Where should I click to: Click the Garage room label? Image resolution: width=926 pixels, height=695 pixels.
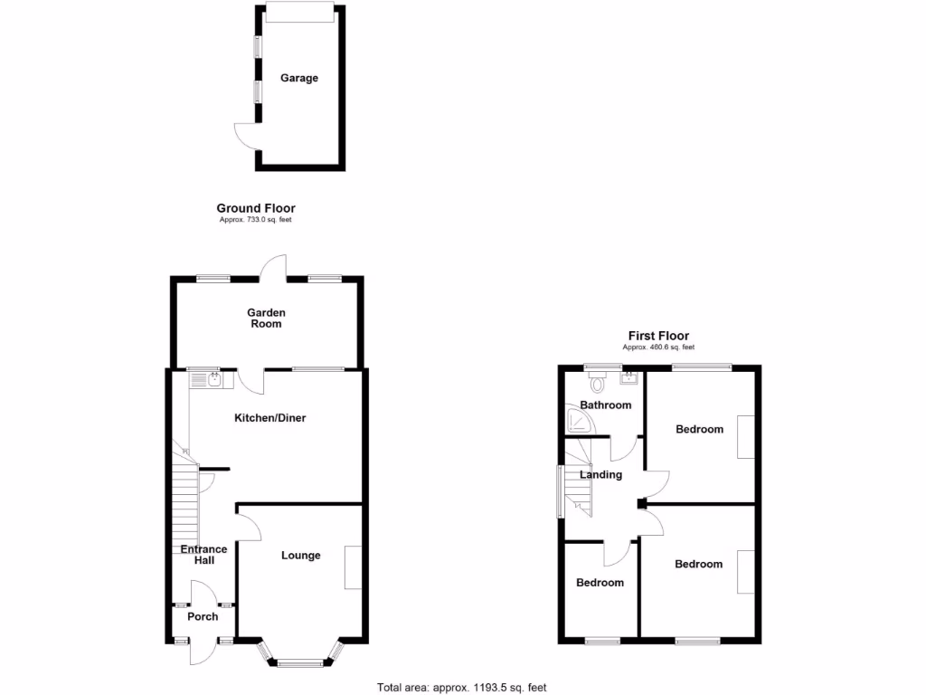298,79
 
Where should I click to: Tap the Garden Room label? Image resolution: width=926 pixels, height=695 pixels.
267,318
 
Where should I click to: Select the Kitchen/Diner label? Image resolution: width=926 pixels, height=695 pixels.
270,418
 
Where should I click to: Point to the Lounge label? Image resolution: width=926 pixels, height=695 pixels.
300,556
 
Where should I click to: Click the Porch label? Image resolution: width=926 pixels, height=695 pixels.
203,617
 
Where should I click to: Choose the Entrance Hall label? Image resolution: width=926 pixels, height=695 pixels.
203,555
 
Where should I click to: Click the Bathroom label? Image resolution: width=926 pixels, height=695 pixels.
606,405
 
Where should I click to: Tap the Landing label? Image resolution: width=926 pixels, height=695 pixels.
601,474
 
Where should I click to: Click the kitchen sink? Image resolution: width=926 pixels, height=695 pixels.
212,380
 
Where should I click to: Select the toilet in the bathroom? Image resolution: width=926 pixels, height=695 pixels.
595,381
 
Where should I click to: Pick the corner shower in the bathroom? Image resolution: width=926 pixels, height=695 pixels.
574,422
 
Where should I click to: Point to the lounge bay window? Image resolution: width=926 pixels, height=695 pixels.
298,659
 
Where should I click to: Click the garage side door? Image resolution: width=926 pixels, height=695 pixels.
246,138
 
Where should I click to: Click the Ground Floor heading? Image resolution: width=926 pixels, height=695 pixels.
256,208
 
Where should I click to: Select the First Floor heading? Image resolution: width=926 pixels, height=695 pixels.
658,336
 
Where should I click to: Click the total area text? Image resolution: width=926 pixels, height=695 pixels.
462,687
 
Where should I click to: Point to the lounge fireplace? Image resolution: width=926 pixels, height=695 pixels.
352,567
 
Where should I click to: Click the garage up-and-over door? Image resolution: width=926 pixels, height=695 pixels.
300,12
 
